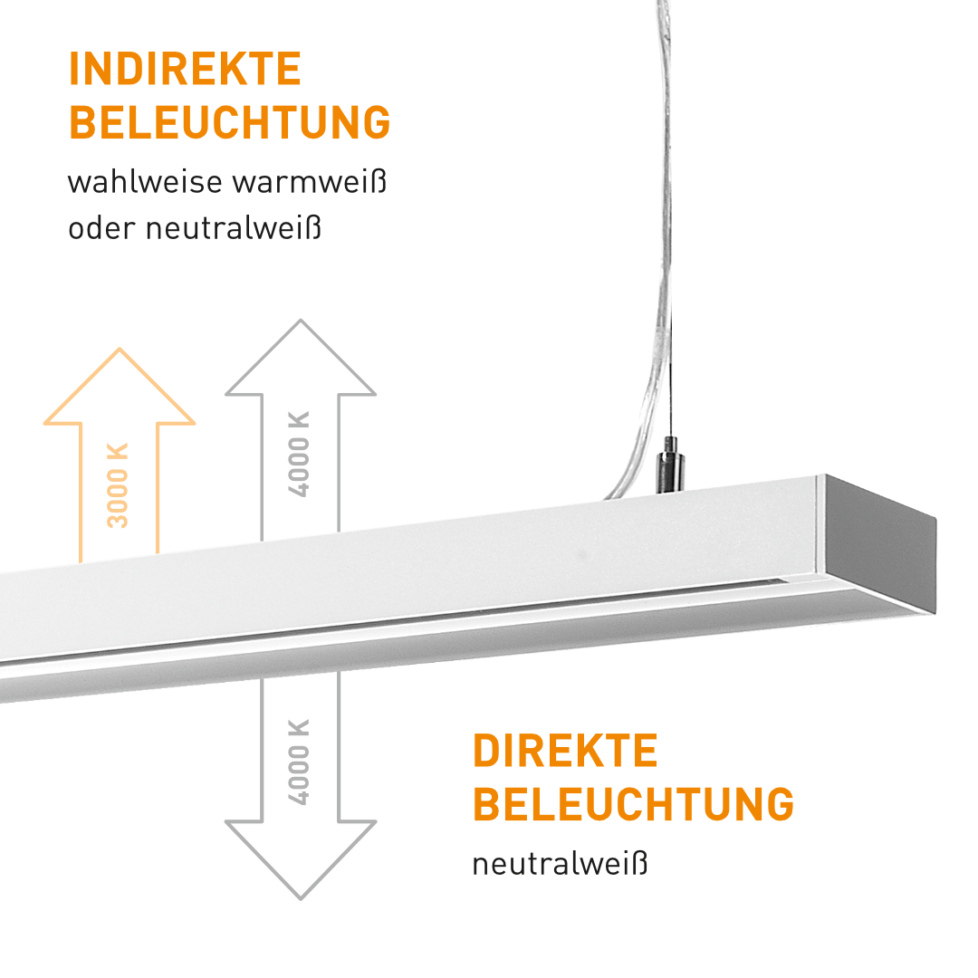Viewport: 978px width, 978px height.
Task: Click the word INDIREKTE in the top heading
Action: tap(185, 70)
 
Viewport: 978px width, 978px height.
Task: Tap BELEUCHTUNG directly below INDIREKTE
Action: tap(229, 123)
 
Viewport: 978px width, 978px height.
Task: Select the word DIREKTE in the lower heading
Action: tap(565, 752)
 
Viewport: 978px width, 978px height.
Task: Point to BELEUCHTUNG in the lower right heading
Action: tap(633, 804)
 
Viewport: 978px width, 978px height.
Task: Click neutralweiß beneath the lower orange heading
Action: tap(561, 864)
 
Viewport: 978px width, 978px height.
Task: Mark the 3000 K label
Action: tap(119, 485)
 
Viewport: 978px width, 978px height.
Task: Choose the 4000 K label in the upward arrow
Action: tap(299, 454)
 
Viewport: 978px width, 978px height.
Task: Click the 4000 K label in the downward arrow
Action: tap(299, 762)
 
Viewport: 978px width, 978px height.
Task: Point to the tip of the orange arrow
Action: tap(120, 350)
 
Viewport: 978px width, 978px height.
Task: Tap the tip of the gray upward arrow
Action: tap(300, 321)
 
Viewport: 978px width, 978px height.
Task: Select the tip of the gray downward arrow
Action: tap(300, 897)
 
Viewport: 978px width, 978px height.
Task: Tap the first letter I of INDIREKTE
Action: tap(74, 70)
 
